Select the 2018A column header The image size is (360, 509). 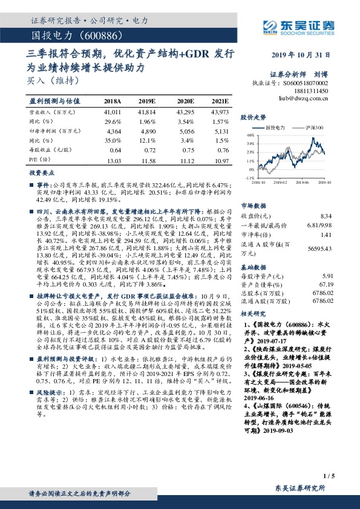(x=113, y=101)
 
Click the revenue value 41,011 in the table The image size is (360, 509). (x=113, y=112)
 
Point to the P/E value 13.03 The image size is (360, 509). (x=113, y=161)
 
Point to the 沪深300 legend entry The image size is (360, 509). (x=315, y=128)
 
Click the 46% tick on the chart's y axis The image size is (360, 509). (x=250, y=137)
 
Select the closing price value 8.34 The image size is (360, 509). (x=326, y=215)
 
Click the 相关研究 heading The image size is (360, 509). (x=253, y=314)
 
